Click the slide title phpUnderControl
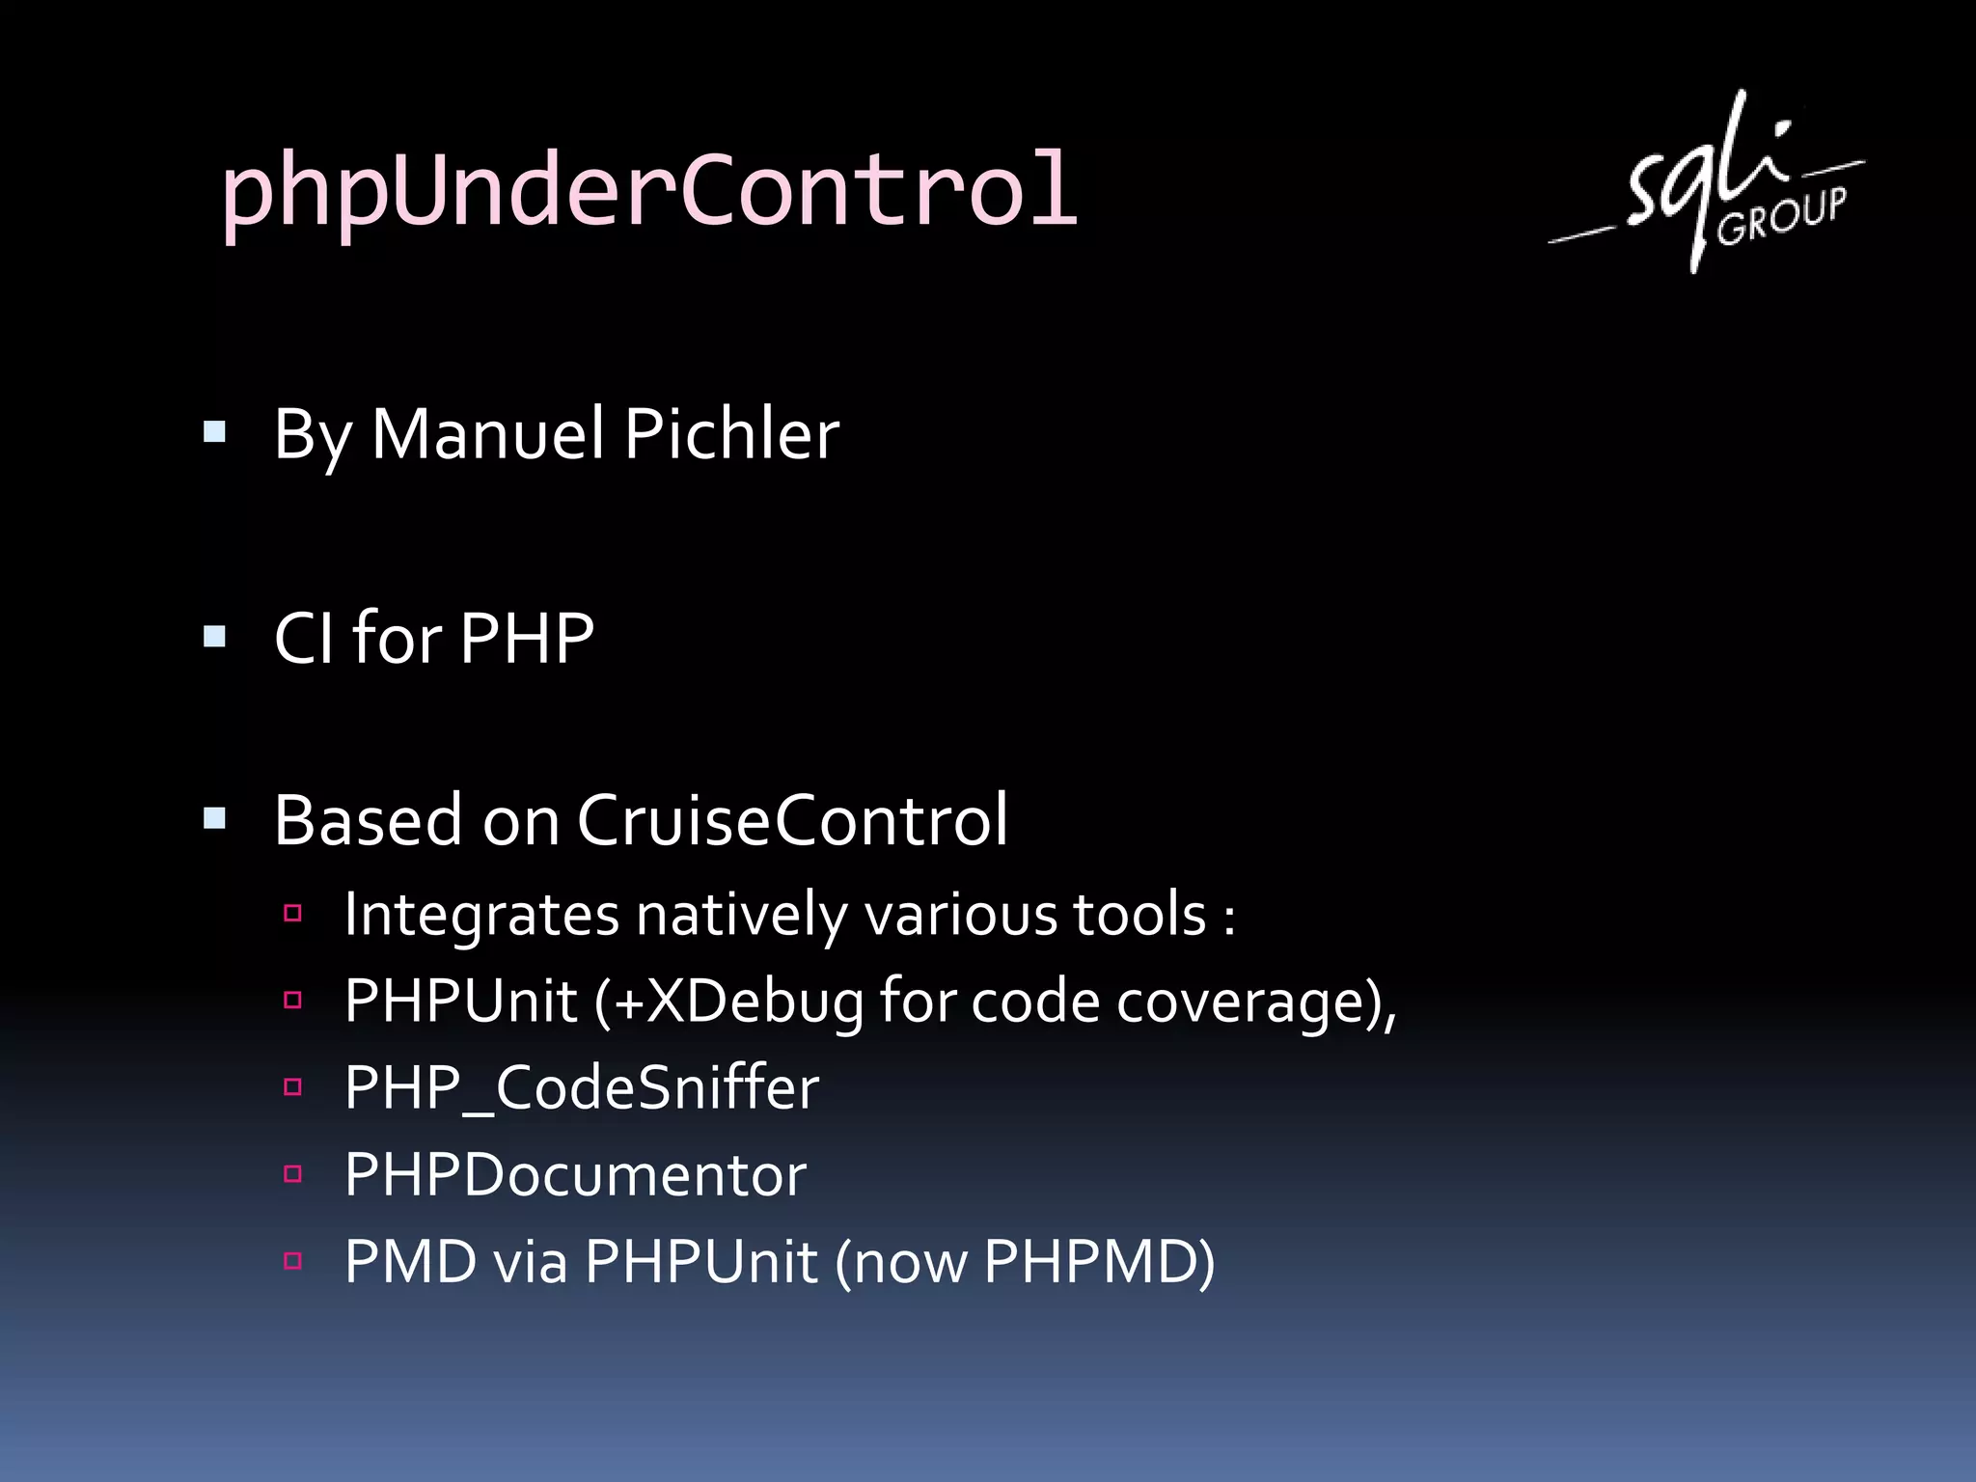tap(648, 190)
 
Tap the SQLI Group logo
tap(1706, 183)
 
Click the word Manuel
tap(487, 434)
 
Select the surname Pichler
tap(731, 434)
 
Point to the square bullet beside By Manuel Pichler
tap(214, 431)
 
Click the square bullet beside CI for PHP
tap(214, 637)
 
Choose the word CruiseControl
tap(792, 821)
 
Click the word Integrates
tap(480, 915)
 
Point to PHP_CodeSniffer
tap(581, 1088)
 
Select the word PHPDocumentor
tap(575, 1175)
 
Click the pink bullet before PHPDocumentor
tap(293, 1174)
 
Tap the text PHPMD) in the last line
tap(1099, 1262)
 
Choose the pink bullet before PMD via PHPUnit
tap(293, 1260)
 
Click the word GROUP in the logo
tap(1781, 216)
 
